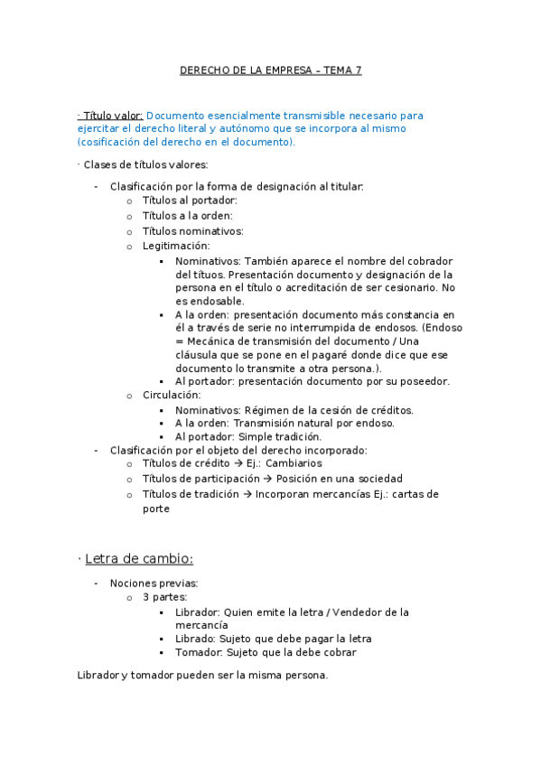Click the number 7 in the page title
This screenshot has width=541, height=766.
tap(358, 70)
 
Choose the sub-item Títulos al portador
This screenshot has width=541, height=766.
tap(189, 201)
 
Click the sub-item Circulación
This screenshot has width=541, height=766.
tap(172, 395)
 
